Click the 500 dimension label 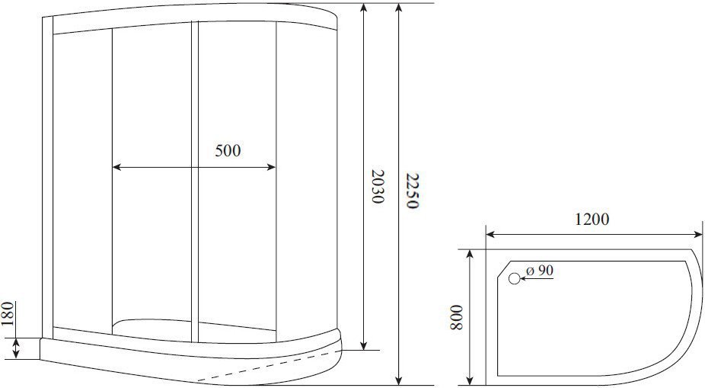point(228,151)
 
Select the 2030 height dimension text point(377,186)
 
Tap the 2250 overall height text point(412,191)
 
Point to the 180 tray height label point(8,314)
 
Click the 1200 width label point(592,220)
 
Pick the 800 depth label point(456,317)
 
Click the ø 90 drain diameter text point(540,271)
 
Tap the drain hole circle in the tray point(515,279)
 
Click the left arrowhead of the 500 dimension point(117,168)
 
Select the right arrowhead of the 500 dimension point(271,168)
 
